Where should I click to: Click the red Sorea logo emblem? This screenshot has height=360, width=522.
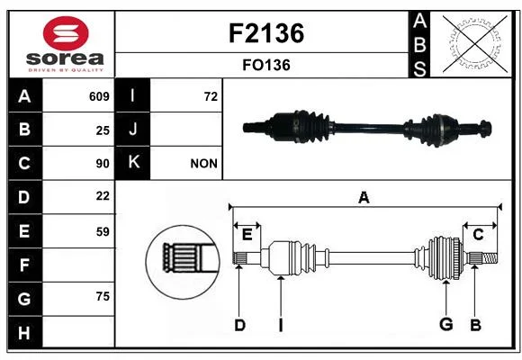tap(66, 33)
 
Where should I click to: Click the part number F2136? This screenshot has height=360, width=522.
tap(266, 33)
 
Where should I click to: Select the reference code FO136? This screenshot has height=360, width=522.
tap(266, 65)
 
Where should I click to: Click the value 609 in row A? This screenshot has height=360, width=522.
tap(99, 96)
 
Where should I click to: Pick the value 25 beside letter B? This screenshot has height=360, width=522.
tap(103, 130)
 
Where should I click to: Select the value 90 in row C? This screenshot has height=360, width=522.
tap(103, 164)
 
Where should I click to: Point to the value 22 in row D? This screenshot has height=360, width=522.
tap(103, 196)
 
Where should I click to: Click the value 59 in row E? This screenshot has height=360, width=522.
tap(103, 231)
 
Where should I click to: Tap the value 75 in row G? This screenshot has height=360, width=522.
tap(103, 296)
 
